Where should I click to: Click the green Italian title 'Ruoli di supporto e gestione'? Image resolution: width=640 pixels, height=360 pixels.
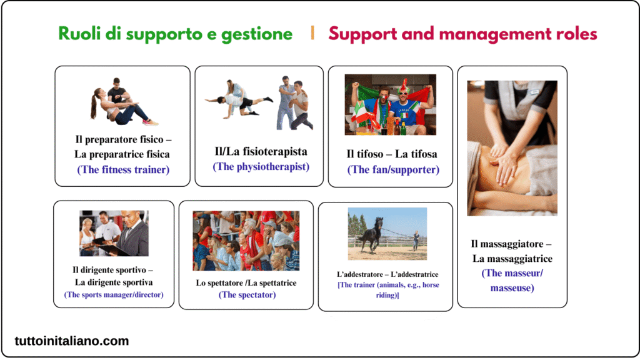click(x=176, y=34)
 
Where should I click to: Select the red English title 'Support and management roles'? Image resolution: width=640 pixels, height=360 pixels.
click(x=462, y=34)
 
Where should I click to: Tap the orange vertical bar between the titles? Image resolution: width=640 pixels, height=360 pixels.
click(x=312, y=34)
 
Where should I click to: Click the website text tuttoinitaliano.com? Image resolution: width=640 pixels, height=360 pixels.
click(x=72, y=341)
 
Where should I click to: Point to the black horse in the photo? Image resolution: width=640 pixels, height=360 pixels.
click(x=371, y=234)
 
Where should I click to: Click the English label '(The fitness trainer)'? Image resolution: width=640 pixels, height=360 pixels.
click(x=123, y=169)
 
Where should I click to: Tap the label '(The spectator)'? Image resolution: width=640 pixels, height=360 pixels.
click(x=247, y=294)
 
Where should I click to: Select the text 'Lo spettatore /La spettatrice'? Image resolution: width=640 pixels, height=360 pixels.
click(x=246, y=282)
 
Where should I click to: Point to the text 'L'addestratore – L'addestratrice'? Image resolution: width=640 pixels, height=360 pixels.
click(x=387, y=274)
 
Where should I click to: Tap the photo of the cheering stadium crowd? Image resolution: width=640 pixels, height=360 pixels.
click(x=246, y=241)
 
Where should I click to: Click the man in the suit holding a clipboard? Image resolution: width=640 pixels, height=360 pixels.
click(x=133, y=234)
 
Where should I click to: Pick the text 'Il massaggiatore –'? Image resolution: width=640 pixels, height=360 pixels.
click(x=511, y=244)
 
